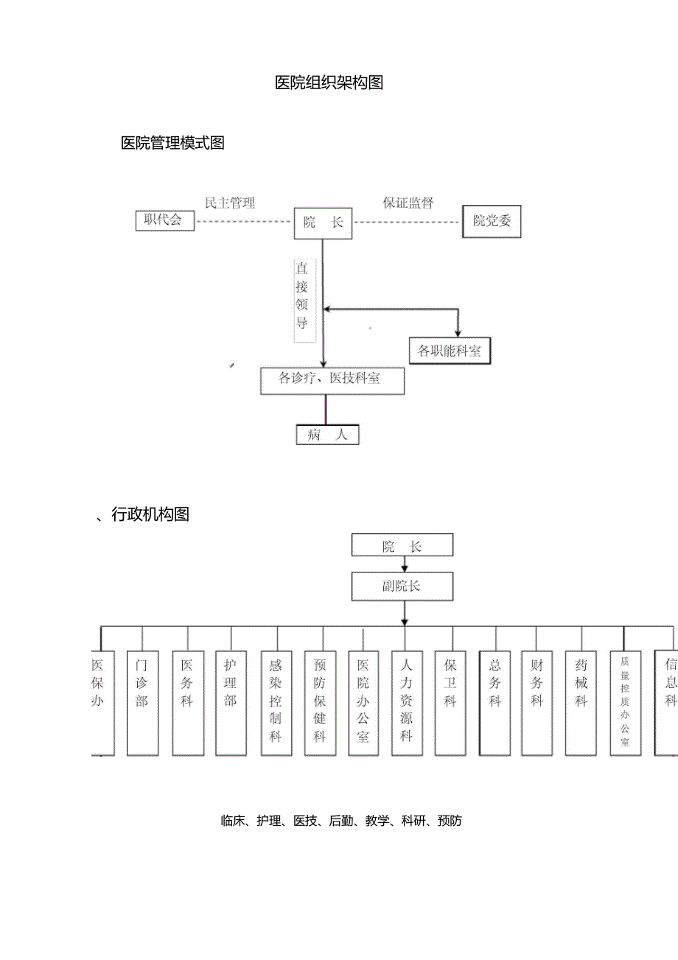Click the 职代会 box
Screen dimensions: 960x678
pos(165,220)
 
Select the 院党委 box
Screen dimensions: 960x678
pos(492,221)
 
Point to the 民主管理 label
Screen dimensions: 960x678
pos(230,203)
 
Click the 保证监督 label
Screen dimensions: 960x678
pos(408,203)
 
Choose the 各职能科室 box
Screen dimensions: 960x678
pos(449,351)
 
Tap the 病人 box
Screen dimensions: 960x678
pos(327,435)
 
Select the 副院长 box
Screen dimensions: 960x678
pos(402,586)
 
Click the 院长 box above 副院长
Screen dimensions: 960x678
pos(402,546)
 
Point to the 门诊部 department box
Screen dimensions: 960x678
pos(142,702)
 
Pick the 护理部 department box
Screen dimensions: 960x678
pos(231,702)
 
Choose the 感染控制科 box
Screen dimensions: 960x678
pos(276,702)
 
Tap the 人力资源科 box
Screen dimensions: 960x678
pos(407,702)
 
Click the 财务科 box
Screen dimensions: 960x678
pos(537,702)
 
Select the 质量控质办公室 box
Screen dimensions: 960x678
pos(625,702)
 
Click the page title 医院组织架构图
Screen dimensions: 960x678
pos(329,83)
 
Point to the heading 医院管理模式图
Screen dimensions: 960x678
pos(172,143)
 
